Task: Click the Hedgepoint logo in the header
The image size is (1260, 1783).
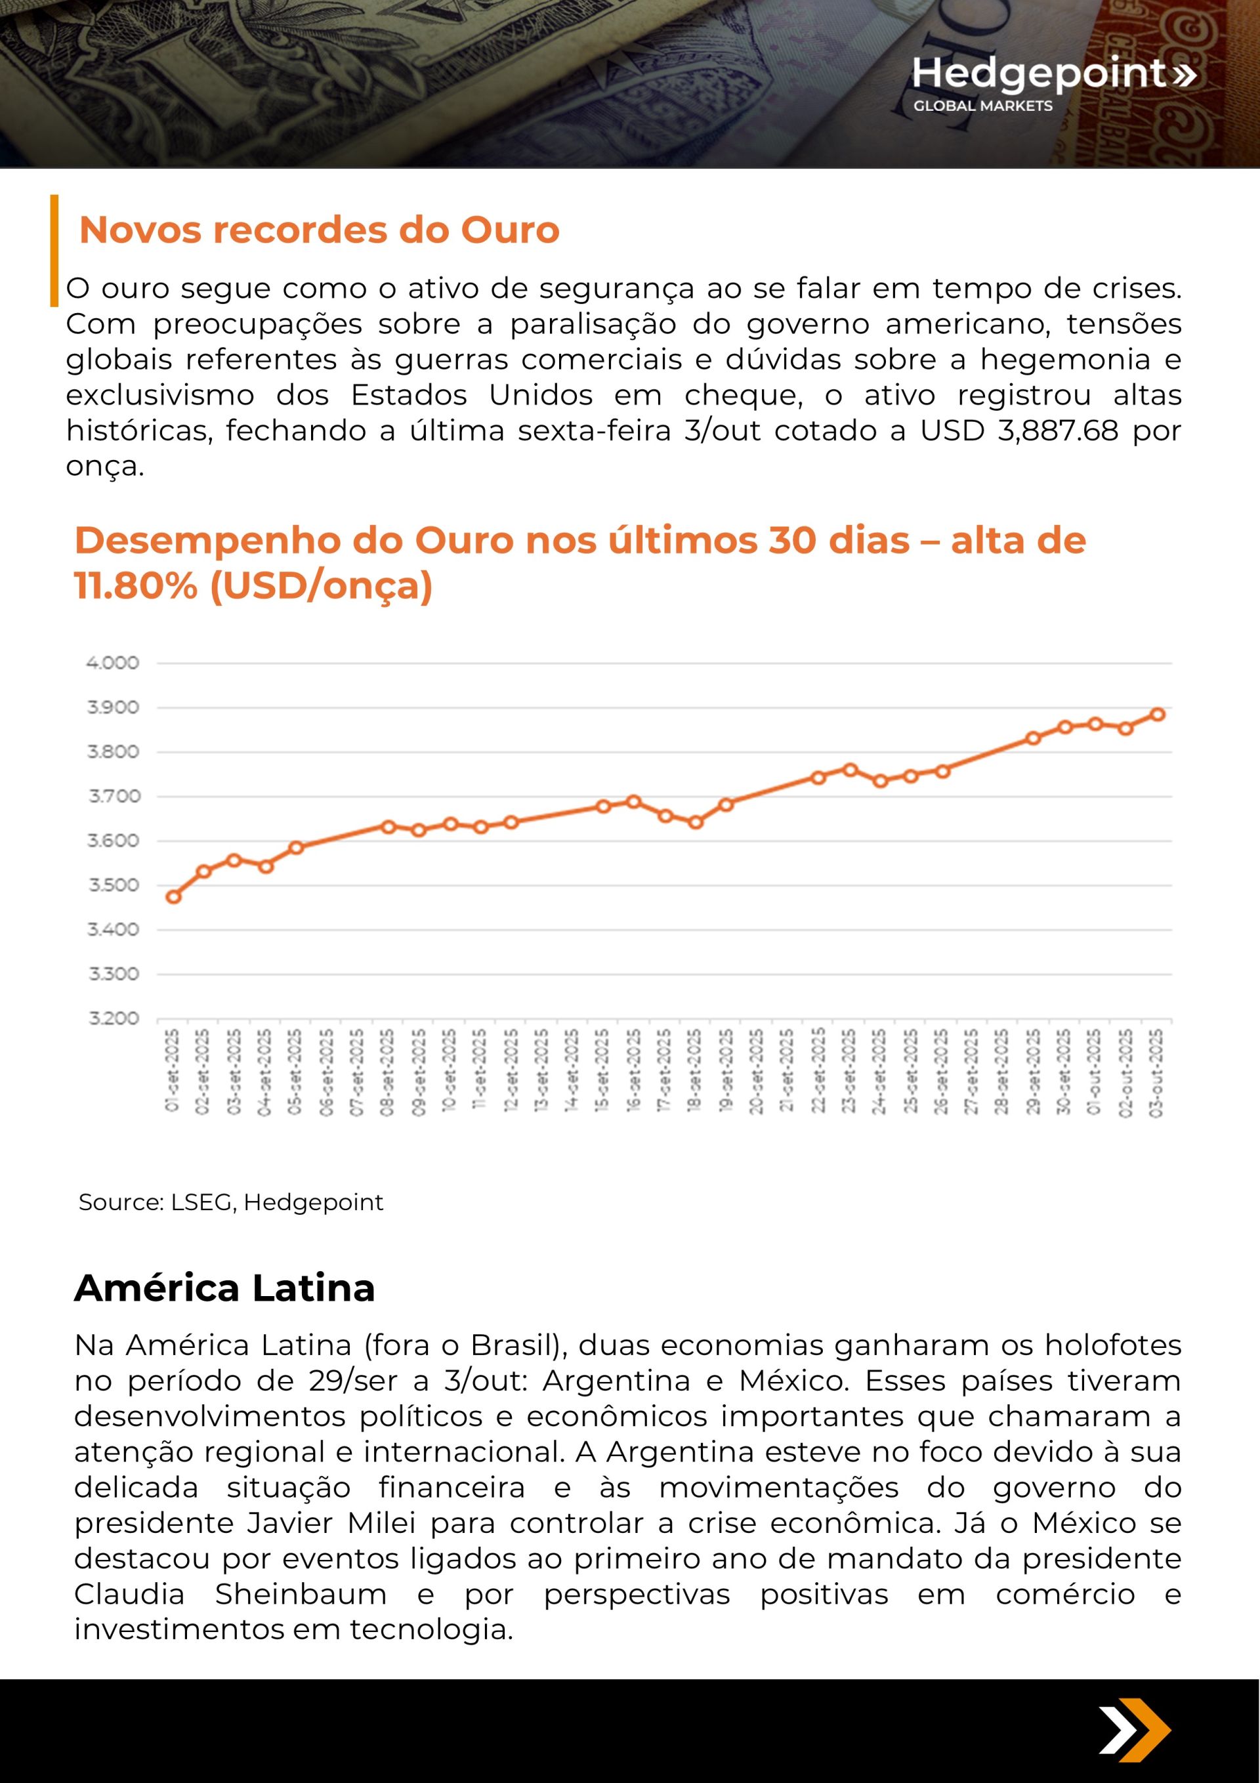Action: (x=1053, y=82)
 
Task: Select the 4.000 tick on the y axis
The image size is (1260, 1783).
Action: (x=113, y=663)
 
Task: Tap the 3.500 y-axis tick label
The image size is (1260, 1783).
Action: (x=113, y=885)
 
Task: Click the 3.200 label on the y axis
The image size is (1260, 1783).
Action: (x=113, y=1018)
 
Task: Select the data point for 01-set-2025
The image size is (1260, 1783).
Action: (x=173, y=896)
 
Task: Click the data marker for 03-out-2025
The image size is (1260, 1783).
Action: (x=1157, y=715)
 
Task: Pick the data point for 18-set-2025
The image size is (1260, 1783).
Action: (x=695, y=822)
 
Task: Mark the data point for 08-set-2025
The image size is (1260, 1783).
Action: (x=388, y=826)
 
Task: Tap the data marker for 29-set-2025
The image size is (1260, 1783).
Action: (x=1033, y=738)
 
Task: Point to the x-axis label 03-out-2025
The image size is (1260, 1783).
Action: (x=1157, y=1072)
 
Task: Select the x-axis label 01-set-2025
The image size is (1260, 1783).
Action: (x=173, y=1072)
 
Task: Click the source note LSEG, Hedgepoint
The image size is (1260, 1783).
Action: (x=231, y=1202)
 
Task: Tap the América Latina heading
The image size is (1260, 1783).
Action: (x=224, y=1288)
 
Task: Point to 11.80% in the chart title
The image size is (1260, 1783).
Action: (x=136, y=585)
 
